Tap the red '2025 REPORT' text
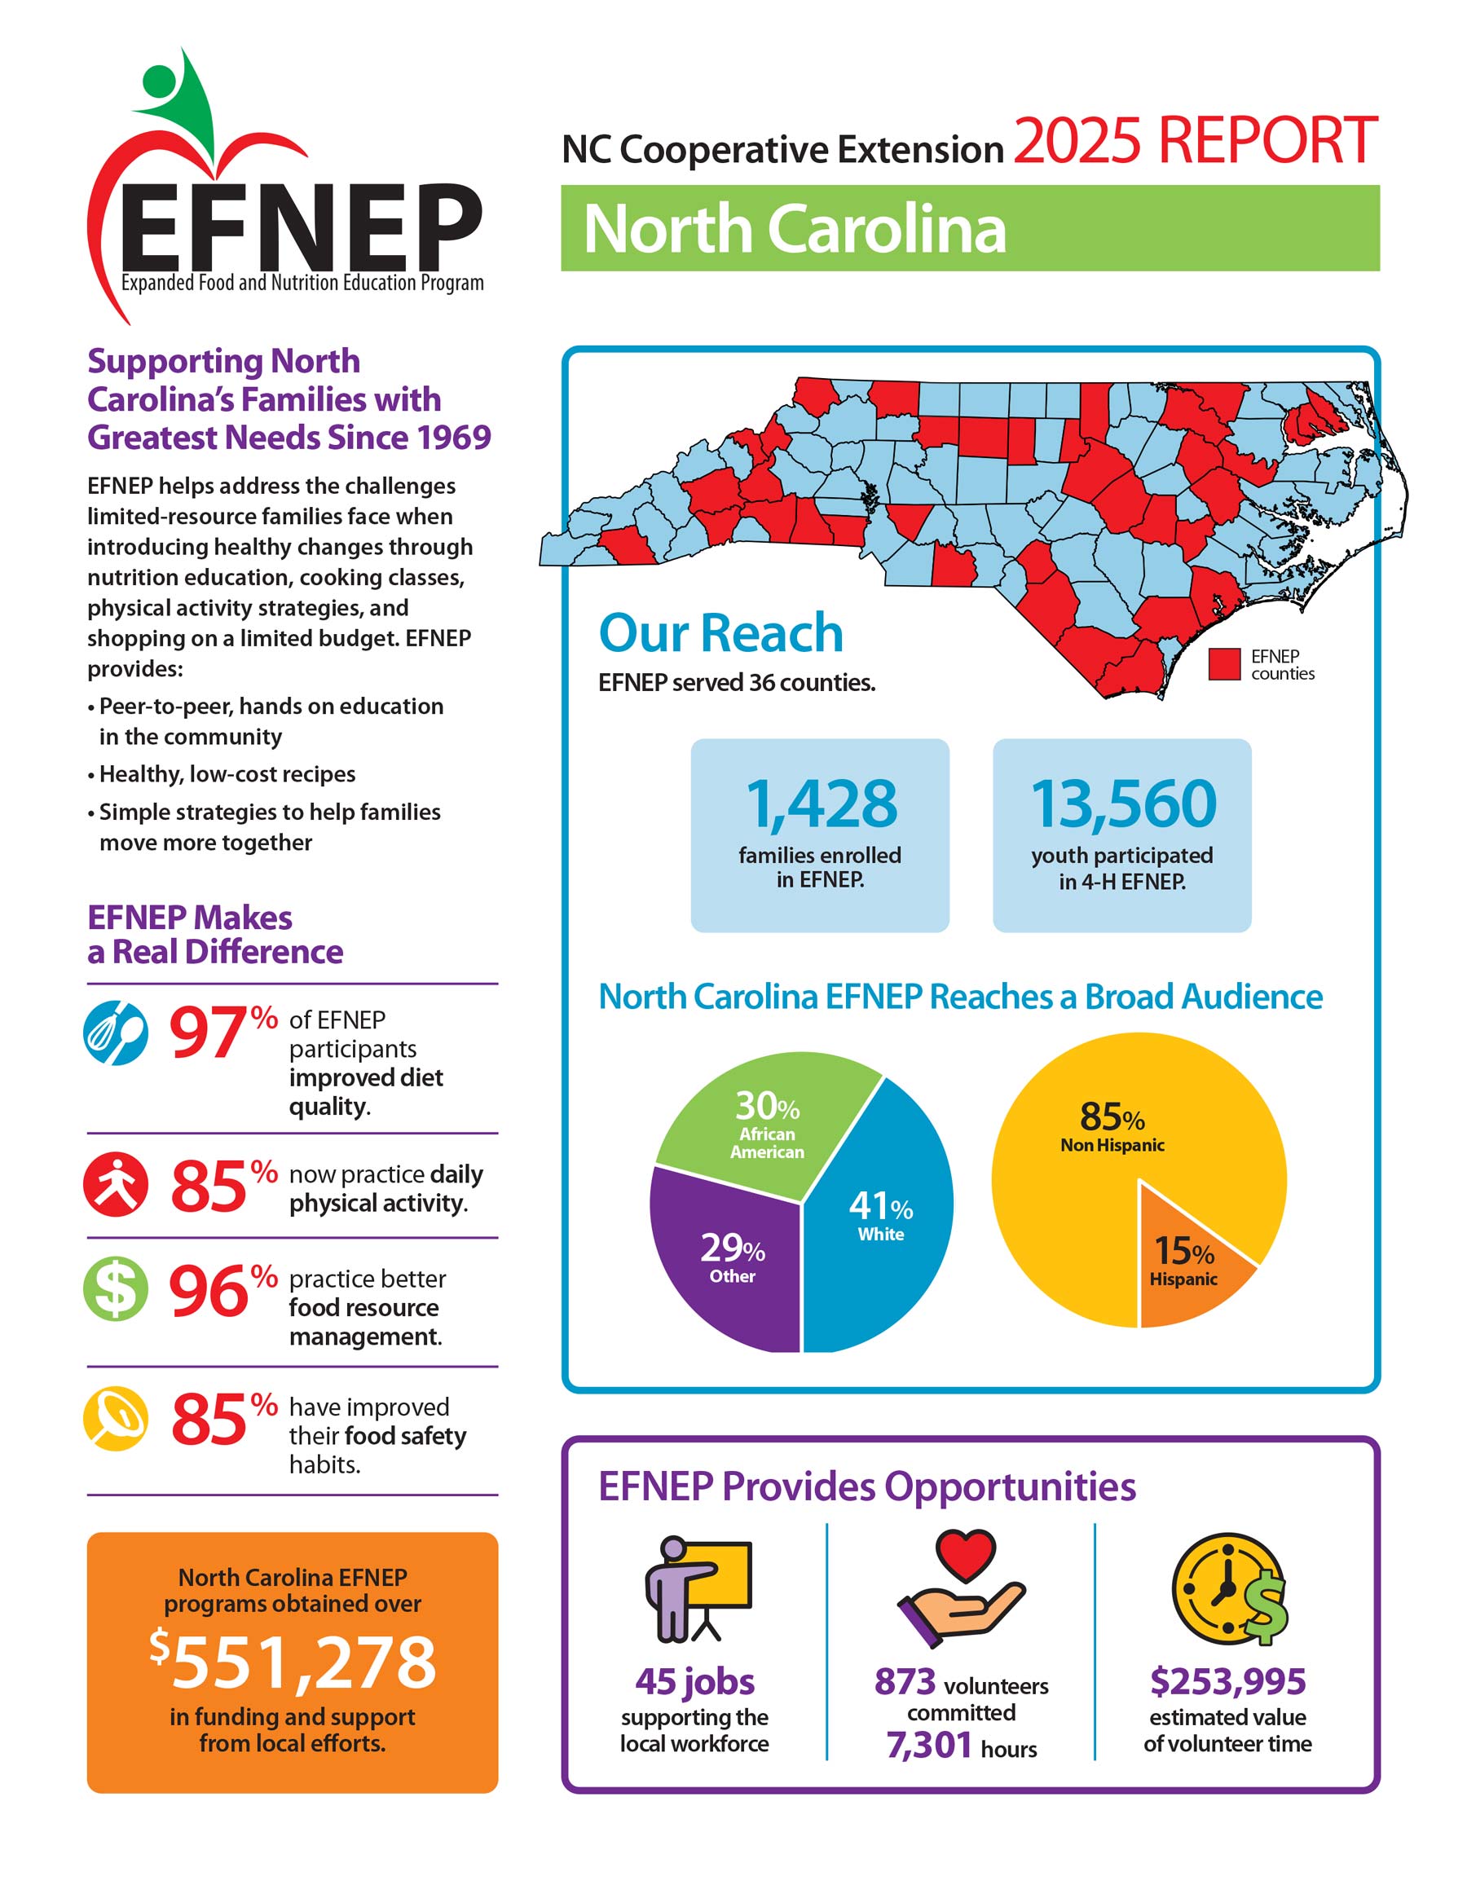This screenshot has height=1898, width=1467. (x=1195, y=141)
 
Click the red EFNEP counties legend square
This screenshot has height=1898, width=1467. (x=1223, y=664)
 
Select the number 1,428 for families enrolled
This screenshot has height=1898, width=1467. (x=822, y=804)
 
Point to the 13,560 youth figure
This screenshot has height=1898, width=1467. (x=1123, y=804)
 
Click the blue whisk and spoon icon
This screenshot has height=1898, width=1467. (x=116, y=1033)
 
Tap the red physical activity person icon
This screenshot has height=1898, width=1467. (x=116, y=1183)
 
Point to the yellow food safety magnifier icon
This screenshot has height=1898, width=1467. (x=116, y=1418)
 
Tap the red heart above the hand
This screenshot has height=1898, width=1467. (x=965, y=1555)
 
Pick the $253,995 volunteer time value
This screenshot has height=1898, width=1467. (x=1227, y=1680)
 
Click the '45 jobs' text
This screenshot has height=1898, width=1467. (x=694, y=1681)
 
